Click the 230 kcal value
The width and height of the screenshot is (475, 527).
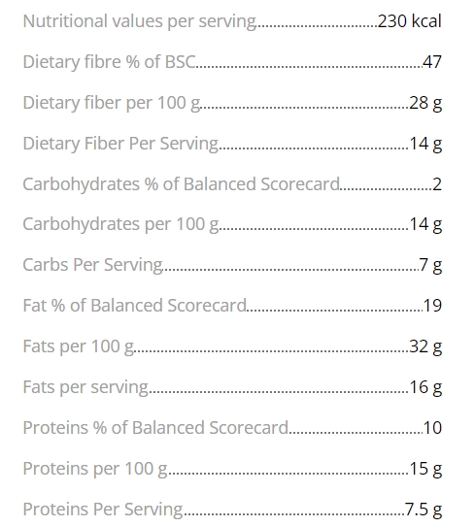point(409,20)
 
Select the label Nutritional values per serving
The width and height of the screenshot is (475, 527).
point(140,22)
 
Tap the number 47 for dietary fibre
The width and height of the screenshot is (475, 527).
point(432,62)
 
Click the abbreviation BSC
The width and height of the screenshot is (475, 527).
point(180,62)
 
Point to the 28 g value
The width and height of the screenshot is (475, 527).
point(425,103)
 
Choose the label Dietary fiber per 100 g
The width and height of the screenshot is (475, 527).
point(112,103)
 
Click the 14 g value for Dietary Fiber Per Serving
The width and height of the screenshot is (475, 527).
point(425,144)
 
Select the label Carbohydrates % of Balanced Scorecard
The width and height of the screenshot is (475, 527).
point(182,184)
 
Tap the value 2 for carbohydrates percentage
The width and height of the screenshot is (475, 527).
point(437,184)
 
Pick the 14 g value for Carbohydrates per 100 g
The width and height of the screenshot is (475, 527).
point(425,224)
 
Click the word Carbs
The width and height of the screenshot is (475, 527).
point(46,265)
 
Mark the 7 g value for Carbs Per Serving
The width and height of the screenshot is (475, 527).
point(430,266)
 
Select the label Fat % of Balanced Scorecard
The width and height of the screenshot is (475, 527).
point(135,306)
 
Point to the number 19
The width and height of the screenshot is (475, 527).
point(432,306)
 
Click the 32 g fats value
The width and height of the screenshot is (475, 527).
point(425,346)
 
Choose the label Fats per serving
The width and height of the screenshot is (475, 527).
point(85,387)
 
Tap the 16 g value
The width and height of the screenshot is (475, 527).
point(425,387)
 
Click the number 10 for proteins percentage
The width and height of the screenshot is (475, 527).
point(432,428)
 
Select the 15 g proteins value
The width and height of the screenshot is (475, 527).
point(425,469)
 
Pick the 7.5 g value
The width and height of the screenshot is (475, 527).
point(424,510)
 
